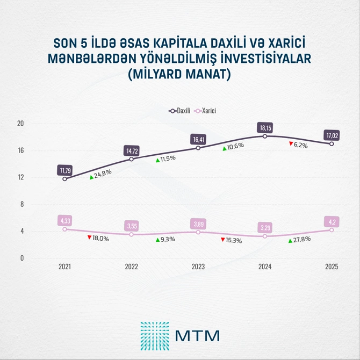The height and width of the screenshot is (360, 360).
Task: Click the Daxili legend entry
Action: point(181,110)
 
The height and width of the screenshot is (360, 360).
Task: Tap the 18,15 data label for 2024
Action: point(265,128)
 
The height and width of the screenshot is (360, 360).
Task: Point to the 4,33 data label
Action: point(65,220)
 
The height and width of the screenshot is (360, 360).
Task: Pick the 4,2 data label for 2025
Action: point(332,221)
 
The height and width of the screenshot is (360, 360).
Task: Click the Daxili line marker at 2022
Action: point(132,159)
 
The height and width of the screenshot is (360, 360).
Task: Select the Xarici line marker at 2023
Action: point(198,232)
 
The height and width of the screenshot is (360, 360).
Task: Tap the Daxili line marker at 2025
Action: point(332,143)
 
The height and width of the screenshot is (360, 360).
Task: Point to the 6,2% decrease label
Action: point(300,145)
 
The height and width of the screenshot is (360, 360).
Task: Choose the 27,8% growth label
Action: point(300,240)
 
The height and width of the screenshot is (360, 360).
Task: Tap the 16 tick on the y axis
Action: point(21,150)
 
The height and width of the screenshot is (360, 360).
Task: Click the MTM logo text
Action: point(197,335)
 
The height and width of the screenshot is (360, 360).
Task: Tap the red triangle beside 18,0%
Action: point(89,236)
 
